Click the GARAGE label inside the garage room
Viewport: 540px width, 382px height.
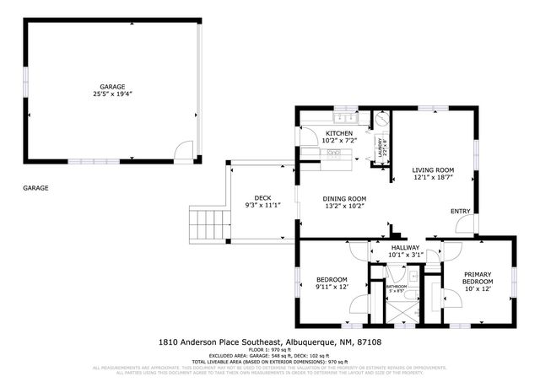click(x=112, y=86)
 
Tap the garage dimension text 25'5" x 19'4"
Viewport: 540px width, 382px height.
click(x=112, y=94)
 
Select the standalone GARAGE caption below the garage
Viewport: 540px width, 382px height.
click(x=35, y=188)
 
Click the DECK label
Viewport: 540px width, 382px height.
click(x=262, y=198)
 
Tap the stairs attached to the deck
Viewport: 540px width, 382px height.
click(x=208, y=224)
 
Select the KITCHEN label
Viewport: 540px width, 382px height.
click(x=339, y=133)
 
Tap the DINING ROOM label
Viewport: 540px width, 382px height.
click(x=344, y=198)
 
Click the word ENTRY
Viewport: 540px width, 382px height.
click(x=460, y=211)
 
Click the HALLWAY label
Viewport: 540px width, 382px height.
click(x=404, y=247)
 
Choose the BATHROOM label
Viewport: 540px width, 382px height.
click(x=397, y=287)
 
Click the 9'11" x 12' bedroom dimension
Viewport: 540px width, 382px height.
click(x=332, y=287)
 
